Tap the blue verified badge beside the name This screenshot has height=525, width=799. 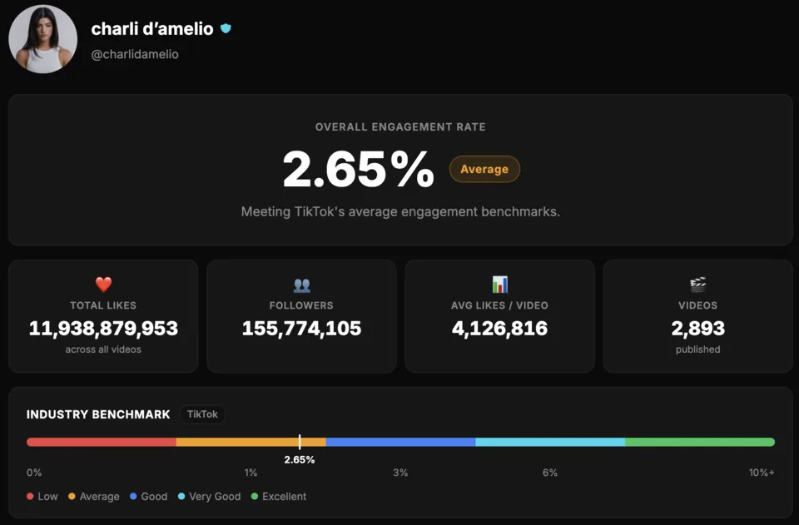coord(226,28)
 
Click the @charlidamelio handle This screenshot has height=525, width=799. coord(135,54)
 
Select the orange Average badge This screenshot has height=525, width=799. coord(484,169)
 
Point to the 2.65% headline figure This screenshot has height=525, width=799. coord(358,169)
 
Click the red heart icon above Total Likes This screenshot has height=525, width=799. coord(103,285)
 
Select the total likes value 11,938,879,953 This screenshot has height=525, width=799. coord(103,328)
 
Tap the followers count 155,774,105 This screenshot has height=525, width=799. coord(301,328)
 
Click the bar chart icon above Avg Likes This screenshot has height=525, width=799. coord(499,285)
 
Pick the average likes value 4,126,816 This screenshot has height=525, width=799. coord(499,328)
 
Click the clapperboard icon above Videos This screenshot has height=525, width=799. coord(697,285)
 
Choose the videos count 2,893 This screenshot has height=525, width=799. coord(697,328)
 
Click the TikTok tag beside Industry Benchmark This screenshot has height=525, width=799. coord(202,414)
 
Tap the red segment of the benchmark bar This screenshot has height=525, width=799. coord(102,442)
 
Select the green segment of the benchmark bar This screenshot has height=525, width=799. coord(699,442)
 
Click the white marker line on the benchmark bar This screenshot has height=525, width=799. coord(300,442)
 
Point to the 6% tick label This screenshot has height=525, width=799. coord(549,473)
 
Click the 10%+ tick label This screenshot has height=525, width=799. coord(761,473)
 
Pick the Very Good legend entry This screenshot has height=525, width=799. coord(209,497)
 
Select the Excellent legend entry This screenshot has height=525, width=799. coord(279,497)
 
